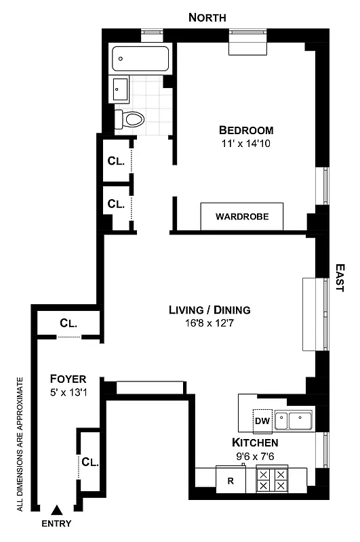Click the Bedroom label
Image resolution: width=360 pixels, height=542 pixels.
tap(246, 130)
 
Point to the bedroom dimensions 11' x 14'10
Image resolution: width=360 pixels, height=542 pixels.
tap(246, 144)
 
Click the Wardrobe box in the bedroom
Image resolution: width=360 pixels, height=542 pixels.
tap(242, 217)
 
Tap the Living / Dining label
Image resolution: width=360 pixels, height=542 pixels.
tap(209, 310)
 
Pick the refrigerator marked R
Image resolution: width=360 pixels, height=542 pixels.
tap(231, 482)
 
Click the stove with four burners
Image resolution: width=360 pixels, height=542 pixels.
tap(271, 481)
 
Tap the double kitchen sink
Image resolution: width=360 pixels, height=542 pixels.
tap(294, 421)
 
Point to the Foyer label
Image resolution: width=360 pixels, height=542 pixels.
tap(68, 379)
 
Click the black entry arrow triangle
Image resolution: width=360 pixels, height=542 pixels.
tap(57, 510)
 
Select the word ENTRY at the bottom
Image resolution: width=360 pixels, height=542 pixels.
tap(56, 524)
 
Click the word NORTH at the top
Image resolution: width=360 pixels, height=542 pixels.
tap(207, 18)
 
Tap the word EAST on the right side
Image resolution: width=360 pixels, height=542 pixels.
tap(340, 278)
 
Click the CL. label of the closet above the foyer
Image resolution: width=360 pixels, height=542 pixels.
tap(68, 323)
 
